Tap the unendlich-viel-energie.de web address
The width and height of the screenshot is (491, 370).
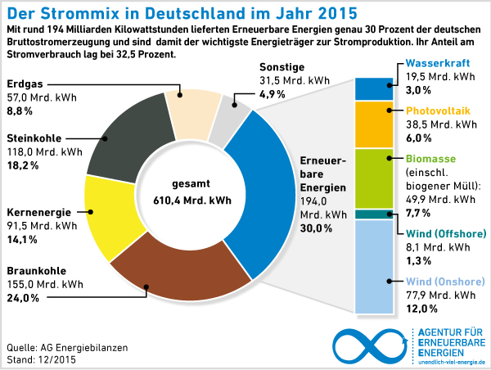click(451, 361)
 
